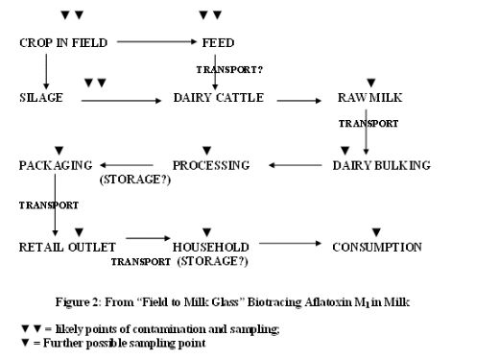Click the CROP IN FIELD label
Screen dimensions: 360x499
click(x=63, y=42)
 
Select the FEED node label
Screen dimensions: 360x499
click(x=218, y=42)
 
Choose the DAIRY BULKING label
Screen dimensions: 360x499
click(x=381, y=165)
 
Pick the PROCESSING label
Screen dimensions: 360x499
click(x=211, y=165)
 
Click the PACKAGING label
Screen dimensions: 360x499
click(x=55, y=165)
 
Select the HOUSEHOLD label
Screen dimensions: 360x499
click(x=211, y=247)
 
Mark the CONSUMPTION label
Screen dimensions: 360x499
click(x=376, y=247)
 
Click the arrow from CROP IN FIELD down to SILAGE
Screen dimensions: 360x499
click(x=45, y=69)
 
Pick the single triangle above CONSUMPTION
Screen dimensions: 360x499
click(x=376, y=231)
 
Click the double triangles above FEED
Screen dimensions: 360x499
click(x=210, y=15)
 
